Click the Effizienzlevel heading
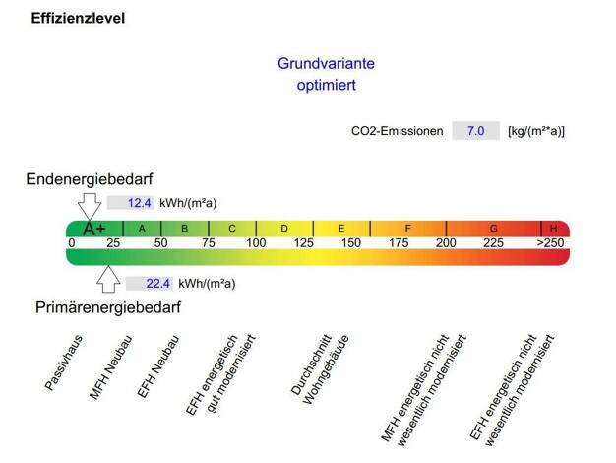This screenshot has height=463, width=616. (x=78, y=18)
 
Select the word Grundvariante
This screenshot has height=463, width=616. (x=326, y=63)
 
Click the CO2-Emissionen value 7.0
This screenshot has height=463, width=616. (x=476, y=130)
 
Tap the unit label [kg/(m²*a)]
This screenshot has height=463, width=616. (x=536, y=130)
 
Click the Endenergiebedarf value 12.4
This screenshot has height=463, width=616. (x=140, y=203)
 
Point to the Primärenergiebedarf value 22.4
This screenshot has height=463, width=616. (x=157, y=283)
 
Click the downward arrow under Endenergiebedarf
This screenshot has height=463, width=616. (x=89, y=205)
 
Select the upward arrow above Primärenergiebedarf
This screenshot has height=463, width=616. (x=108, y=281)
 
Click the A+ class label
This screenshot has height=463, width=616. (x=93, y=229)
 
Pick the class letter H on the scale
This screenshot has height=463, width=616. (x=553, y=229)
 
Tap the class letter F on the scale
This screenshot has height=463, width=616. (x=407, y=229)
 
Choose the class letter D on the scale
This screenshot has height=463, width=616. (x=284, y=229)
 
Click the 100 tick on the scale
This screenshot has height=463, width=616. (x=256, y=243)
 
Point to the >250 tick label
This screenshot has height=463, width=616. (x=550, y=243)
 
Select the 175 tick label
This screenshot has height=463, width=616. (x=399, y=243)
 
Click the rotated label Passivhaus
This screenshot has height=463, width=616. (x=64, y=363)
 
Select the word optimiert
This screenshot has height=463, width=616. (x=326, y=85)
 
